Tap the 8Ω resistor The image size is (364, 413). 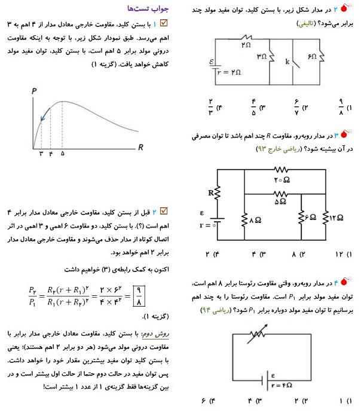click(245, 219)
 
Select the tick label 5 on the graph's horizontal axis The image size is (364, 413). click(63, 154)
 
